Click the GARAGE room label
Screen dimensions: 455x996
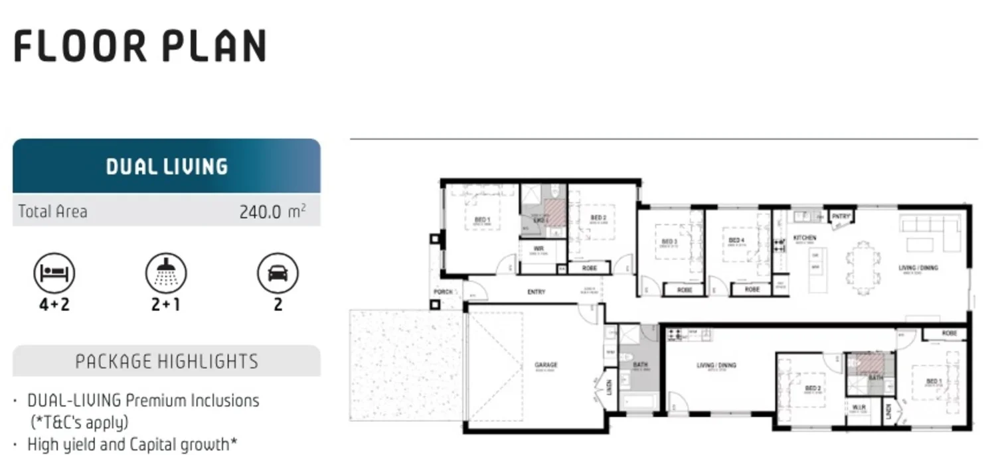click(546, 365)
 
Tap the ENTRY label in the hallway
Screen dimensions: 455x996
click(536, 292)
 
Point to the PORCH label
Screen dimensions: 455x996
click(443, 292)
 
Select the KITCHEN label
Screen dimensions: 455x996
click(805, 237)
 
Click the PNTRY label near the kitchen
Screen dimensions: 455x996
click(841, 216)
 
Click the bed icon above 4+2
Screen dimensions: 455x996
click(54, 273)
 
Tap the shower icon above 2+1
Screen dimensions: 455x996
click(166, 273)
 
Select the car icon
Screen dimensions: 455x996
click(278, 273)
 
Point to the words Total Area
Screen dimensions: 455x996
click(52, 212)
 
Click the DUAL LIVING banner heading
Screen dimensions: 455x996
click(167, 166)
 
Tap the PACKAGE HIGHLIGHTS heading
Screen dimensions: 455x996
click(167, 361)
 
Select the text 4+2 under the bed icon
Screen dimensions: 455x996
click(54, 304)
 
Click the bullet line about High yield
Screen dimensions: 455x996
click(131, 444)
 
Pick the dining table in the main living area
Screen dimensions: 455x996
click(863, 268)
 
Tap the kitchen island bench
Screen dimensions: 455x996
click(818, 269)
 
